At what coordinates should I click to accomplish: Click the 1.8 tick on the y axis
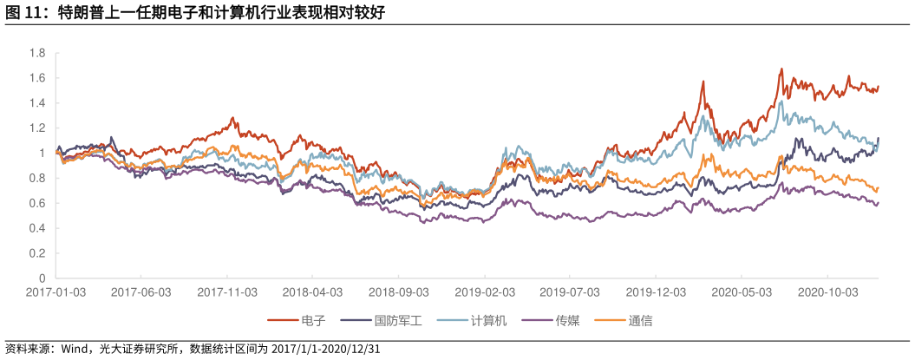(x=37, y=53)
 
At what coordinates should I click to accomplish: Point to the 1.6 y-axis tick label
(x=37, y=78)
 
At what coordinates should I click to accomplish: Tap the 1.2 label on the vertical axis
(x=37, y=128)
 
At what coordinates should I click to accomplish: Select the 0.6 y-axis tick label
(x=37, y=204)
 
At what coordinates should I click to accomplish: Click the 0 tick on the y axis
(x=41, y=278)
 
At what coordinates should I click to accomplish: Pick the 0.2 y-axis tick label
(x=37, y=254)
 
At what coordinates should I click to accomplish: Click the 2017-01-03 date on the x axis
(x=56, y=292)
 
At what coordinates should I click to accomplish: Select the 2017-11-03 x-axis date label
(x=227, y=292)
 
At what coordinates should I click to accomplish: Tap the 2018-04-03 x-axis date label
(x=312, y=292)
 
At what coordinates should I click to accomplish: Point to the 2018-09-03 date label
(x=398, y=292)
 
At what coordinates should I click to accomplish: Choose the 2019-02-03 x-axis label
(x=485, y=292)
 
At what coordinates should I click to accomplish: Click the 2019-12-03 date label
(x=657, y=292)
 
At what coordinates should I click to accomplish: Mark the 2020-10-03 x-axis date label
(x=827, y=292)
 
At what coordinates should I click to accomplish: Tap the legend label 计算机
(x=487, y=321)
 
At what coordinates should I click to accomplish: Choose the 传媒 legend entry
(x=567, y=321)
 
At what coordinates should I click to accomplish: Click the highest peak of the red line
(x=781, y=69)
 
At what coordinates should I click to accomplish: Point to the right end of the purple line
(x=879, y=202)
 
